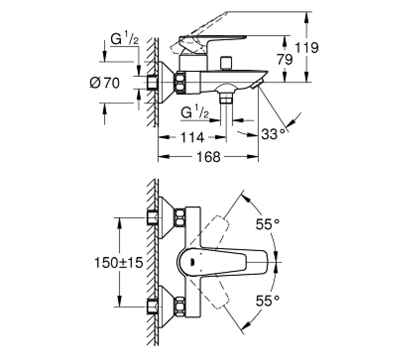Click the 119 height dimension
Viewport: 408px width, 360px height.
click(307, 48)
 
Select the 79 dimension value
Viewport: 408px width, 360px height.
click(285, 59)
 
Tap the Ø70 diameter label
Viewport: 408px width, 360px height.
click(105, 83)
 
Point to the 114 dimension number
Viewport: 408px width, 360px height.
click(192, 138)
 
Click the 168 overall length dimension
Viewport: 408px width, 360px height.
click(208, 157)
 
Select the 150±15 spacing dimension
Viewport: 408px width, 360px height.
click(118, 262)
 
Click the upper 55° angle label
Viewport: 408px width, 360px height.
click(268, 224)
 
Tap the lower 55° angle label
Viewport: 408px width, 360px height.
click(268, 301)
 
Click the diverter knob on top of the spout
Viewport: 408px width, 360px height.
click(226, 63)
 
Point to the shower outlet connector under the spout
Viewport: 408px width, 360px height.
click(226, 99)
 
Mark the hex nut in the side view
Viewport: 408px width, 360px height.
click(180, 83)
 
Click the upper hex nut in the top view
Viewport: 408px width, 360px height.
click(180, 217)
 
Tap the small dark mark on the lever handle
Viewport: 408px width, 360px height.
click(192, 262)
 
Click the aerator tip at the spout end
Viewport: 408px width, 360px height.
click(258, 85)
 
